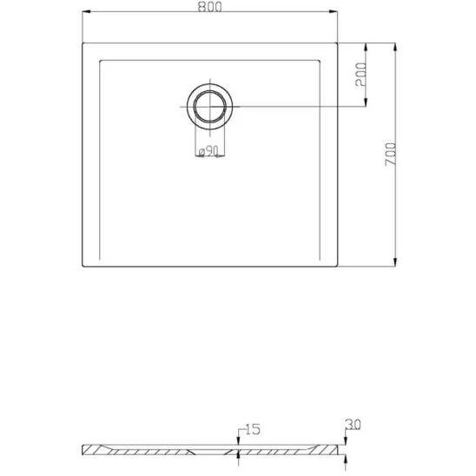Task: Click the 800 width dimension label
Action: (209, 7)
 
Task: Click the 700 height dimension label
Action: (390, 155)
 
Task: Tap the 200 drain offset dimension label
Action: (360, 75)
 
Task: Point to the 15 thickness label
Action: (253, 429)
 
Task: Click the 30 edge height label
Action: (353, 425)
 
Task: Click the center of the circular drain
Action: (209, 107)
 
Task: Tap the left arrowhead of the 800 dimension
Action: (87, 11)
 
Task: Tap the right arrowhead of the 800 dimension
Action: (334, 11)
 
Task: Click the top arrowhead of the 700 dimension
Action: (395, 47)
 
